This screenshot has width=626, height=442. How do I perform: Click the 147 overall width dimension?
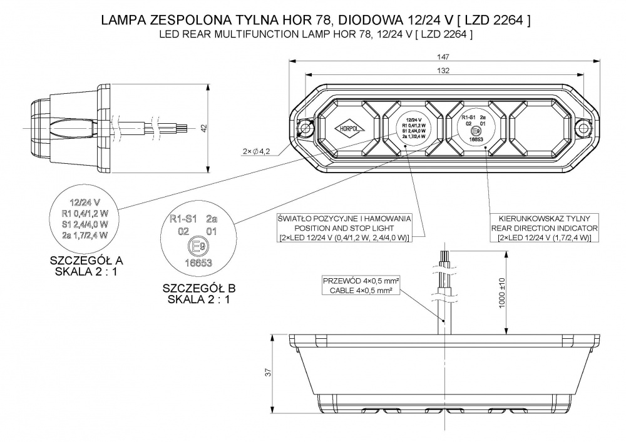click(x=444, y=56)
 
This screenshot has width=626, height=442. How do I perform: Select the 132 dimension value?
click(x=444, y=71)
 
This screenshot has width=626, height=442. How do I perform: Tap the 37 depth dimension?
click(x=268, y=373)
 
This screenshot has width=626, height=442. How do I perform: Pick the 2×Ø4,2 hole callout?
click(x=257, y=151)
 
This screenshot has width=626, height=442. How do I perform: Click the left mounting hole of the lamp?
click(x=306, y=128)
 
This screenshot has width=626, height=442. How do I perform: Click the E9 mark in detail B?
click(x=198, y=248)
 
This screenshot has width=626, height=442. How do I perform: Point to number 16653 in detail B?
click(x=198, y=263)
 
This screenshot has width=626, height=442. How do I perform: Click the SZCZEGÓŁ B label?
click(x=198, y=289)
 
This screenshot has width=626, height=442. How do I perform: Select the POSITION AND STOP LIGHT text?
click(x=344, y=228)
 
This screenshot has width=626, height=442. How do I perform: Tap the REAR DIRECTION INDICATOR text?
click(x=545, y=228)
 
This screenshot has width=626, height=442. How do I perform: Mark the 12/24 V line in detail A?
click(x=86, y=203)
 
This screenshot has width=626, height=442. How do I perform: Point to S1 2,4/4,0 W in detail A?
click(x=86, y=224)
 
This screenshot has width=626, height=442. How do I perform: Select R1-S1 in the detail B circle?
click(x=184, y=219)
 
